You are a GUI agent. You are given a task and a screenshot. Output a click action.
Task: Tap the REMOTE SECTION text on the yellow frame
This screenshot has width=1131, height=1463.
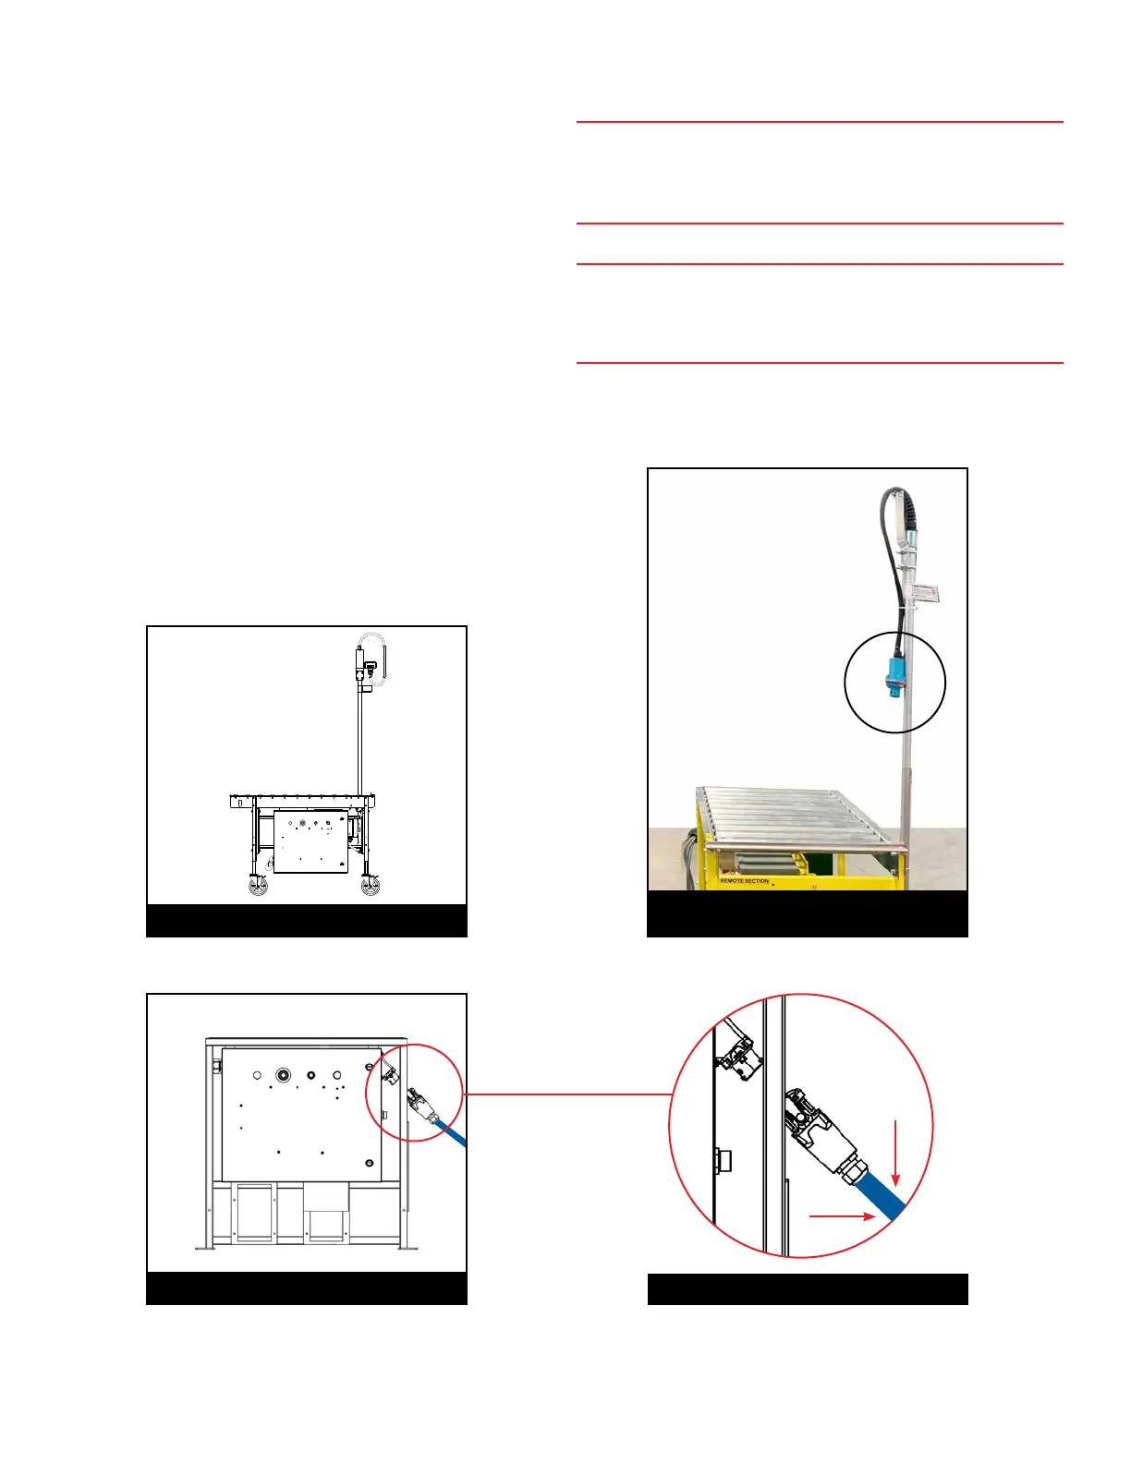coord(744,881)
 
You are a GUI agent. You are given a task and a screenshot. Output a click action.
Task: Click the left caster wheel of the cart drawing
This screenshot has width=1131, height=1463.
coord(257,886)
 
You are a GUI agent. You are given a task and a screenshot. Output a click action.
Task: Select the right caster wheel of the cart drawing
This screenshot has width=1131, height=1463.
coord(371,886)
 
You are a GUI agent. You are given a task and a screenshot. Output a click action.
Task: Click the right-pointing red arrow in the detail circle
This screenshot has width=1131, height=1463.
coord(842,1216)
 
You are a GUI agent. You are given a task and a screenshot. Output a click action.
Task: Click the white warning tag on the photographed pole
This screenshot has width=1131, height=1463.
coord(929,594)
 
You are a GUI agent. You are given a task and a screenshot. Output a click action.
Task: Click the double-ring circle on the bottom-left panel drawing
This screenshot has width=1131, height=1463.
coord(282,1075)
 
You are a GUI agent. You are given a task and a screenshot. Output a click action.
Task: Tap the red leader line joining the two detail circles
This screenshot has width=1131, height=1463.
coord(568,1094)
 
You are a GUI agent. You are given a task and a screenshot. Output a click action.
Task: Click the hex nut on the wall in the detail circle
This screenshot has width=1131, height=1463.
coord(723,1160)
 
